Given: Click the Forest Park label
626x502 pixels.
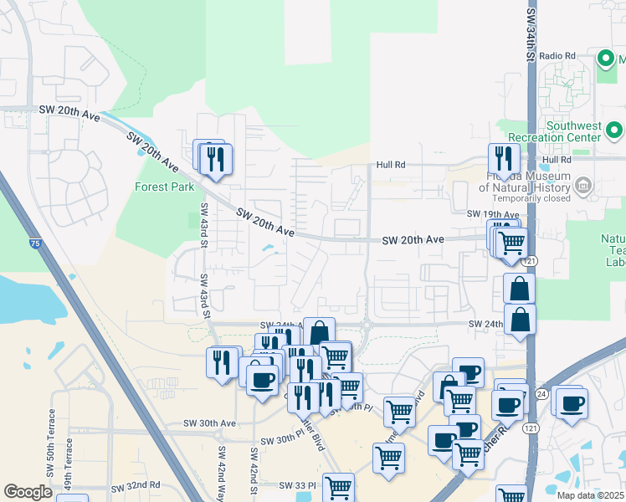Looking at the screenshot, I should (x=164, y=187).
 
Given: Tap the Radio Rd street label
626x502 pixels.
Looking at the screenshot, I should (x=558, y=56).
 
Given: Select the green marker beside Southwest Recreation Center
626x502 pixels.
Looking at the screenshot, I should (x=614, y=130).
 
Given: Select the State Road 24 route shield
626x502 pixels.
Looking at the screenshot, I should (x=541, y=393).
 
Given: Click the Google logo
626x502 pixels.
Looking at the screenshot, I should (x=28, y=492).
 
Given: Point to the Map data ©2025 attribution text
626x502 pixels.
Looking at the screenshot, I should (x=591, y=495).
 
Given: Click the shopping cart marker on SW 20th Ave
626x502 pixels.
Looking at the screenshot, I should (x=511, y=243).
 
